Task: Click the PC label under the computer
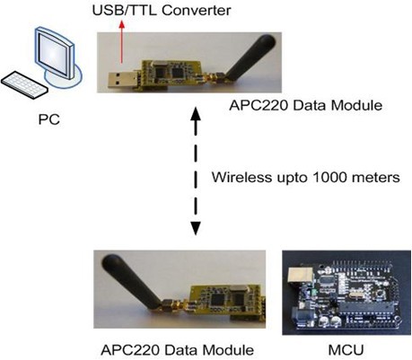coord(49,119)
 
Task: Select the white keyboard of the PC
coord(24,84)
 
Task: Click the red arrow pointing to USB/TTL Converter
coord(121,42)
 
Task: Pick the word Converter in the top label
coord(197,11)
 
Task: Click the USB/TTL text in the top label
coord(125,11)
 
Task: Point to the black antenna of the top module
coord(250,57)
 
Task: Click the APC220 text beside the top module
coord(259,105)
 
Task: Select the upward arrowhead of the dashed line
coord(196,113)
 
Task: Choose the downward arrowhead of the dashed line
coord(196,229)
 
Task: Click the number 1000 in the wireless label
coord(329,177)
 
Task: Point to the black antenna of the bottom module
coord(131,281)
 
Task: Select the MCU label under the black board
coord(346,350)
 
